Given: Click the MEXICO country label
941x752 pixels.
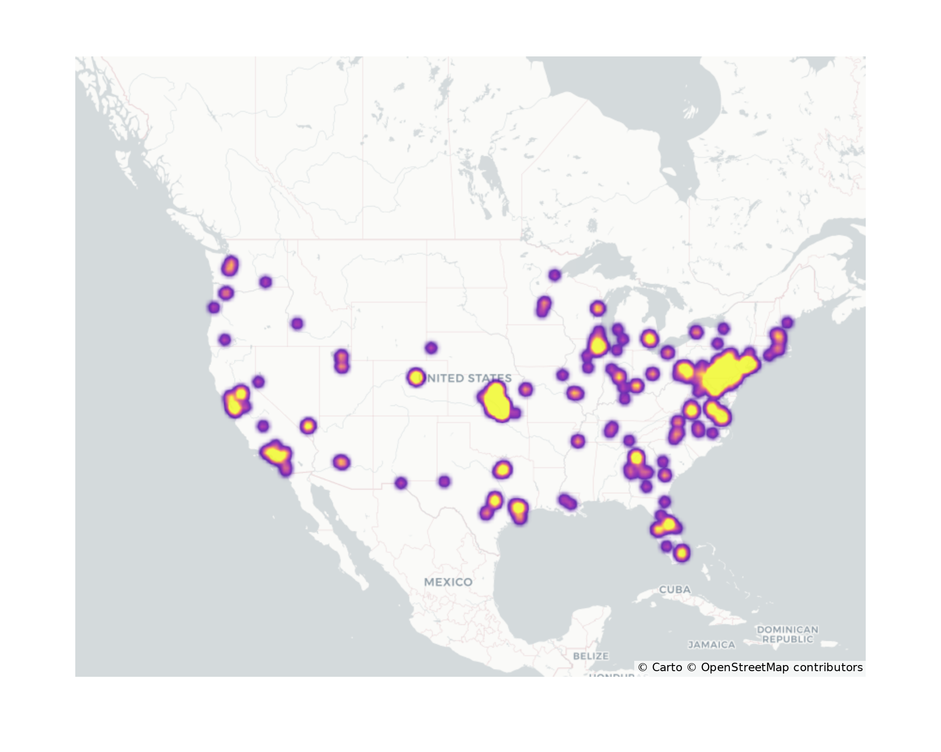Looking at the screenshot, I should coord(448,582).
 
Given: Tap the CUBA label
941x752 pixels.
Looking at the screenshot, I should coord(675,589).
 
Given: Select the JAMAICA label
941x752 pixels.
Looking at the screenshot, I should coord(711,645).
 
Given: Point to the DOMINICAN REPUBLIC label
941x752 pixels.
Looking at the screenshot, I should coord(788,634).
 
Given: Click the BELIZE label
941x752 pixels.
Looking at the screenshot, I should coord(591,656).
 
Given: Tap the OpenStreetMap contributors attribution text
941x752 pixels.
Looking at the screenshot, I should coord(781,667).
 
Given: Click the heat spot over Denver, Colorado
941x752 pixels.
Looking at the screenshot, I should coord(416,377).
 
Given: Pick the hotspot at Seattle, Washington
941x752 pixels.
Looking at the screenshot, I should coord(230,266).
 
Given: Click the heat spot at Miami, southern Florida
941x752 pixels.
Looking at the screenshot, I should coord(682,553).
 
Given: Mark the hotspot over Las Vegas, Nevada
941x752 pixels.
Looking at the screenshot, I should coord(308,426).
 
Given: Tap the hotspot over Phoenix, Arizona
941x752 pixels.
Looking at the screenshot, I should coord(342,462).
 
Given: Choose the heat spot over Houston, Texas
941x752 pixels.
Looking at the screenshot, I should coord(518,508).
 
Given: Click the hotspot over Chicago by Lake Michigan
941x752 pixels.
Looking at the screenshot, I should coord(598,345).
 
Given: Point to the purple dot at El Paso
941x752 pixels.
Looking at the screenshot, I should coord(400,483).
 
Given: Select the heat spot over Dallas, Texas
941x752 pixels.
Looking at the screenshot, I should coord(502,469).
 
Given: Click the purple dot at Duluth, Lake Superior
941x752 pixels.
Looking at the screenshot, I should coord(555,275).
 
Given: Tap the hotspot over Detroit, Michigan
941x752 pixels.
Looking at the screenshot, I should coord(649,338).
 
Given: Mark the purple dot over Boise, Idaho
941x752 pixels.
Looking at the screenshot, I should coord(297,323).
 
